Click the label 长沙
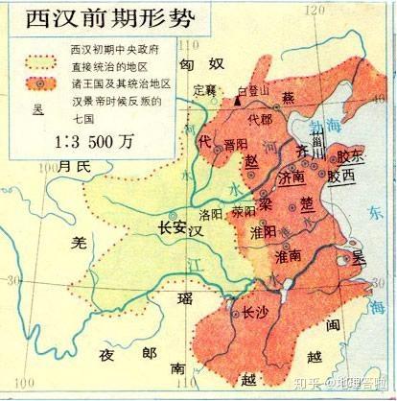(253, 312)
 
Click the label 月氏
(73, 167)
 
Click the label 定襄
(205, 90)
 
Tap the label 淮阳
(262, 230)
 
